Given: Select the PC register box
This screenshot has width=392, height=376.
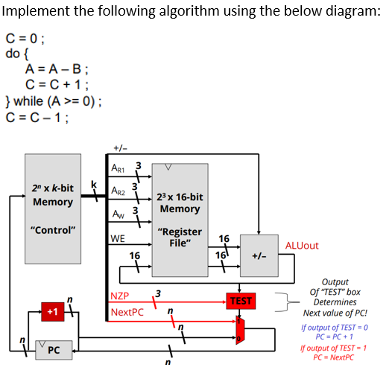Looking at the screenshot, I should pos(51,349).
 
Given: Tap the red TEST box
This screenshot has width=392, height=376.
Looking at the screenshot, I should pos(241,301).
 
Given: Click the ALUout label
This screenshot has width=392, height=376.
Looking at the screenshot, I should pos(302,245).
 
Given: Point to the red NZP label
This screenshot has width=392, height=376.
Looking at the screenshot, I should pos(120,296).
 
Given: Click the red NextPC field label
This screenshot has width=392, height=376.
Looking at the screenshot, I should pos(127,312).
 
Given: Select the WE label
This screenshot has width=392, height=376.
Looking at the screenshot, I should pos(117,239).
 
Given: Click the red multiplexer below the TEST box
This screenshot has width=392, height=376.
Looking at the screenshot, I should pos(239,330).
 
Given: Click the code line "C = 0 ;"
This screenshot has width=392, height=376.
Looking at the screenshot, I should pos(26,39).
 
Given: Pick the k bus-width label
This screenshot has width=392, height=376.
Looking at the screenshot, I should pos(93,184).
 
